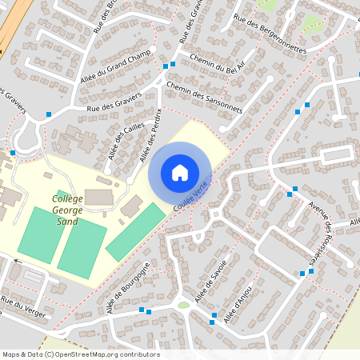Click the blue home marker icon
[180, 173]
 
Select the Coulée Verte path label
[190, 195]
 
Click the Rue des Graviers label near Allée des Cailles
[114, 102]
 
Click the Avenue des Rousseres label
[322, 233]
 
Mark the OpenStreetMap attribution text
[80, 354]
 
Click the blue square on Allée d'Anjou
[213, 322]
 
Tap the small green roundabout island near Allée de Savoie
[184, 304]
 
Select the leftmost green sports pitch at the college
[41, 234]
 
